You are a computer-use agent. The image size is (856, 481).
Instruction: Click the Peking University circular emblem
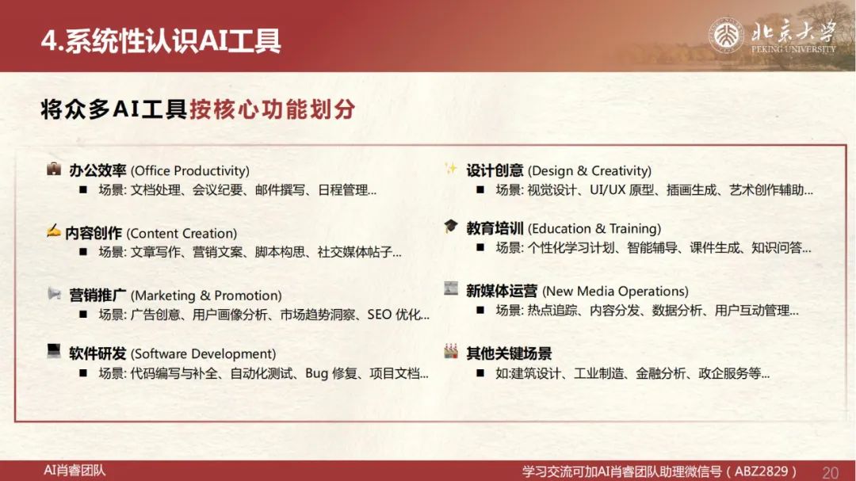click(x=726, y=35)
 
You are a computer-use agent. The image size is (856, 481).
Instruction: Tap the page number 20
click(x=830, y=472)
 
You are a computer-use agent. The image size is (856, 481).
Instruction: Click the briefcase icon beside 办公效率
click(x=54, y=169)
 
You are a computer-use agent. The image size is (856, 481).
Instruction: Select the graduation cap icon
click(x=450, y=226)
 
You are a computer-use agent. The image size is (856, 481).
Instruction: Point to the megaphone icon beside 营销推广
click(x=54, y=294)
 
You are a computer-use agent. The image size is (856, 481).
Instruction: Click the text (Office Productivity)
click(x=190, y=171)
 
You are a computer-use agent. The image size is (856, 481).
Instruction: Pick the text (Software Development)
click(x=203, y=353)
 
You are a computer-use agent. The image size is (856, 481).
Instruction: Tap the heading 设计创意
click(x=495, y=170)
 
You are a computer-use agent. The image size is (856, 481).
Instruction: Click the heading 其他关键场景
click(x=509, y=353)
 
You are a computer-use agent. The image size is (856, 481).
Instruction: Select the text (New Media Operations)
click(x=615, y=291)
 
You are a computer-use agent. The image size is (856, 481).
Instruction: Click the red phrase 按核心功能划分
click(x=273, y=109)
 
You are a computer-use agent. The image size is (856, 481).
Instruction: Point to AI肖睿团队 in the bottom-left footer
click(x=75, y=470)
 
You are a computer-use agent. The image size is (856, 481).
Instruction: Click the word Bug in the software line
click(x=316, y=373)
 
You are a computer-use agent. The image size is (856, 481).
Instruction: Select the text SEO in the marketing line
click(x=380, y=315)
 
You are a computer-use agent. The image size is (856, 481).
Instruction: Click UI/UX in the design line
click(x=607, y=190)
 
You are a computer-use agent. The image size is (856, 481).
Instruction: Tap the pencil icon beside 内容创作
click(x=54, y=231)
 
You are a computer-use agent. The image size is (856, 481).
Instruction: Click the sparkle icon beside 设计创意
click(x=450, y=168)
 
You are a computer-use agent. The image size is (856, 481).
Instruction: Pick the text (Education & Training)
click(x=594, y=228)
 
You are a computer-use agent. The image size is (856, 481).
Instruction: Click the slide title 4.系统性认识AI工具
click(x=161, y=41)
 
